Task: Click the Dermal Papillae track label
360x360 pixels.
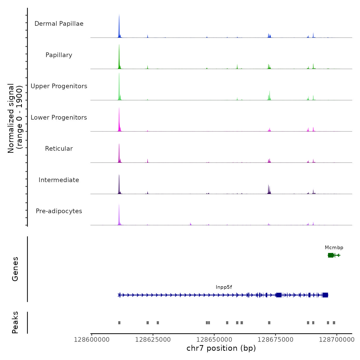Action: (59, 24)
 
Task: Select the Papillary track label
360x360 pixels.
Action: (59, 55)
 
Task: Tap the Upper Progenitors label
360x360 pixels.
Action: (59, 86)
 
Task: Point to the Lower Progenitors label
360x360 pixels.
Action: (59, 118)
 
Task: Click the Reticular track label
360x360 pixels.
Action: (59, 149)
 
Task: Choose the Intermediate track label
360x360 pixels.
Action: (59, 180)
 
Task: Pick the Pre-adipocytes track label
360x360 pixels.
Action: (59, 211)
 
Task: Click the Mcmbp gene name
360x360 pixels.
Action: (334, 248)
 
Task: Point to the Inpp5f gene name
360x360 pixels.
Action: (224, 287)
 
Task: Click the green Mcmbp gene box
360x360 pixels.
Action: (331, 255)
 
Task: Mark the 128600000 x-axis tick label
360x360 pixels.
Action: (92, 340)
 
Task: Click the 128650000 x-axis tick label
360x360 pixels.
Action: (214, 340)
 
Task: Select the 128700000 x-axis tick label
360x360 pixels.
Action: (337, 340)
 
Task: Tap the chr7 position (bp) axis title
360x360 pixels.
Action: (221, 348)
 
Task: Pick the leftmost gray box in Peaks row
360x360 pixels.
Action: (119, 323)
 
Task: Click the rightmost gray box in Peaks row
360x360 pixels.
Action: (334, 323)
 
